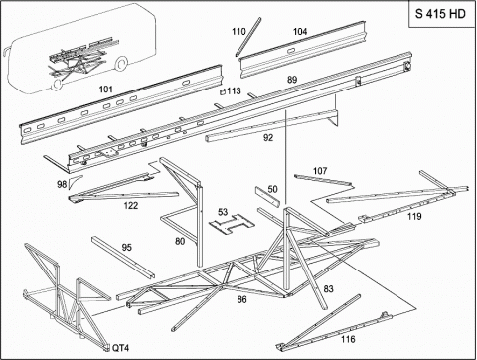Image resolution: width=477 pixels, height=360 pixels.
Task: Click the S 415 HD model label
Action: pos(440,14)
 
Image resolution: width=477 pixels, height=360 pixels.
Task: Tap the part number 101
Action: pos(106,90)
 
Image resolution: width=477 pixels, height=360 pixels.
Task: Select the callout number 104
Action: pos(300,32)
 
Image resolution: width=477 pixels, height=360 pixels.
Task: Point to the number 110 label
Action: pos(238,32)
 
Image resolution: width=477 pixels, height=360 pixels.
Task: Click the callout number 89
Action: pos(292,80)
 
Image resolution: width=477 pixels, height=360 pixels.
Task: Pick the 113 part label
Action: pos(234,90)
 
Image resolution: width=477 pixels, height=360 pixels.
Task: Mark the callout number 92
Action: pos(268,137)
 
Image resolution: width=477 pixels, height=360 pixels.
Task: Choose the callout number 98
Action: pos(62,184)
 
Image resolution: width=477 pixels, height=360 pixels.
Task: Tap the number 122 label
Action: pos(131,206)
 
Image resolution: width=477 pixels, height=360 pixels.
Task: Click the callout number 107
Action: pos(320,171)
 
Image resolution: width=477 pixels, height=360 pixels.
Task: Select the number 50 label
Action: pos(272,189)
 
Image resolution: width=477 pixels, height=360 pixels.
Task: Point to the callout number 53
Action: pos(223,212)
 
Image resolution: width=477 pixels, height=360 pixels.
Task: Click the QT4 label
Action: pos(120,348)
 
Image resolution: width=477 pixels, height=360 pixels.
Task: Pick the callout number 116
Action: pos(348,339)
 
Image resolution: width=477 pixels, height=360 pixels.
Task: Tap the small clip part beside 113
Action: pos(224,91)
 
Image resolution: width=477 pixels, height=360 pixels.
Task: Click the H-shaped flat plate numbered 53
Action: pos(232,224)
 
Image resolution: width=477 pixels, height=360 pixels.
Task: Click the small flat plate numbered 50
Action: pos(267,196)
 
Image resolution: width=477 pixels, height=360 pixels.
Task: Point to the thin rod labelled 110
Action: pos(248,37)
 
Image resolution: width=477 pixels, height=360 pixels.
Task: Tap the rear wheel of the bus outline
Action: pos(121,64)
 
